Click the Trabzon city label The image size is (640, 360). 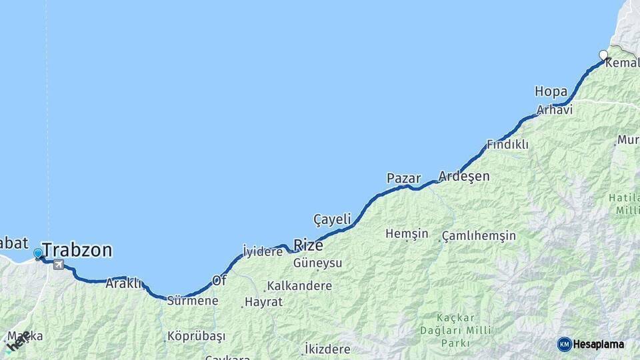(77, 251)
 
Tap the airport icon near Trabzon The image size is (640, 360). (59, 265)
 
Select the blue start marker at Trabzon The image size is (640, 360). (38, 253)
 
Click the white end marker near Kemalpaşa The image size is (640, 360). (603, 55)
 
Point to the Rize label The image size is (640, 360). (309, 245)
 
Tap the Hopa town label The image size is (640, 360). (551, 91)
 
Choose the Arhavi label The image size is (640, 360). (555, 110)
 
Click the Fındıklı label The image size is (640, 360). (507, 144)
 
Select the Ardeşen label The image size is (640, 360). (464, 177)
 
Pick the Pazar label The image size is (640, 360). (403, 178)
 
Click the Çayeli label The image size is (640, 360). (332, 219)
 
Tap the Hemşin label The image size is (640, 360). (407, 234)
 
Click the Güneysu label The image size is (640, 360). (318, 263)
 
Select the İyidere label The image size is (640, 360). (263, 251)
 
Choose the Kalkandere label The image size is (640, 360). (299, 286)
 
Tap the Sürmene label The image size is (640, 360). (193, 301)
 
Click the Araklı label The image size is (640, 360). (123, 283)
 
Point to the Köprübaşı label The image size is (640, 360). (196, 336)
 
